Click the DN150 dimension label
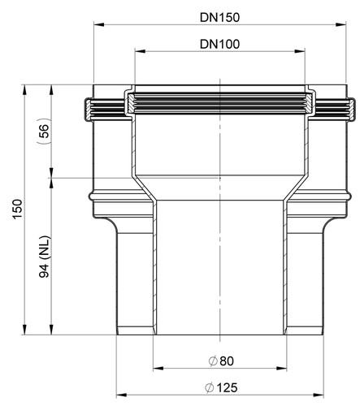point(219,18)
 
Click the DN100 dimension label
point(219,45)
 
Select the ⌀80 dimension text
point(221,361)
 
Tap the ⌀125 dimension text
point(221,387)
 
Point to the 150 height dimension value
point(18,209)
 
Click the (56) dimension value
point(44,131)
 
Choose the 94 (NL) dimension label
point(44,257)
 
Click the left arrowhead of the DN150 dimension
point(99,25)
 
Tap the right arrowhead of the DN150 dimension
point(340,25)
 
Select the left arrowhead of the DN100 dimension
point(140,51)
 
